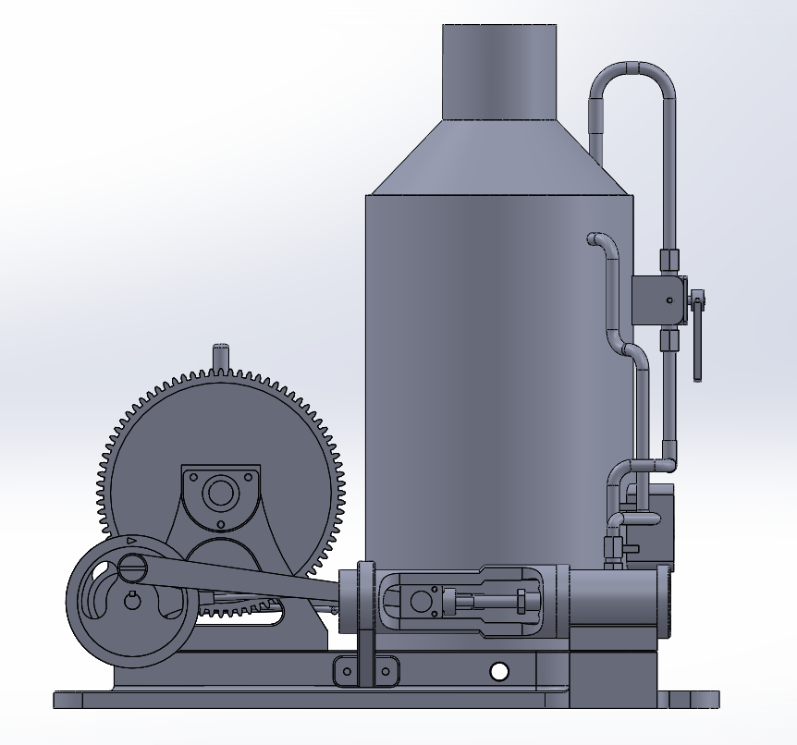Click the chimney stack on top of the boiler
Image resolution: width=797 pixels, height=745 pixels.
[x=500, y=72]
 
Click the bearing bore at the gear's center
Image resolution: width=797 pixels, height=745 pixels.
[x=220, y=493]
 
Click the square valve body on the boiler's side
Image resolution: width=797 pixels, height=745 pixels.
[x=657, y=300]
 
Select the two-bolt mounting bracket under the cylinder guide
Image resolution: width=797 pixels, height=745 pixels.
[x=365, y=669]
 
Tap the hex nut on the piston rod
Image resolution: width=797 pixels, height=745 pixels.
[x=521, y=602]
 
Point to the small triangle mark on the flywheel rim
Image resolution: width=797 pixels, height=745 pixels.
[x=131, y=540]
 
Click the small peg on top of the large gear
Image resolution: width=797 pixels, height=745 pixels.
[x=220, y=356]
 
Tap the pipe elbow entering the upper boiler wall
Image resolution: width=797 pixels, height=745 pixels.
[x=599, y=241]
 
